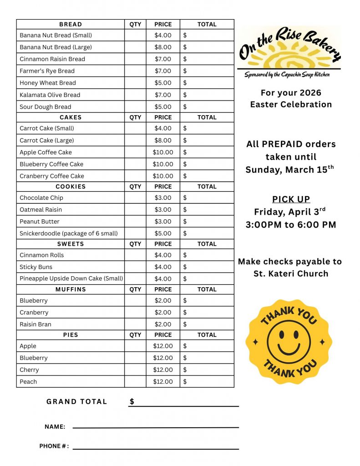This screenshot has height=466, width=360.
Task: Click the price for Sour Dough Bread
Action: [x=163, y=107]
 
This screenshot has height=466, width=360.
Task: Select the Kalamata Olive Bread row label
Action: [x=50, y=95]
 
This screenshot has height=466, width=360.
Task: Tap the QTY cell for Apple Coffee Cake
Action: [x=135, y=152]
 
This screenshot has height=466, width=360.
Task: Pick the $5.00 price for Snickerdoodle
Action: [x=163, y=233]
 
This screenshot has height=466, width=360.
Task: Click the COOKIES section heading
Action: [x=71, y=187]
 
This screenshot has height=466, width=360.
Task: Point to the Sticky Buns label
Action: [x=36, y=267]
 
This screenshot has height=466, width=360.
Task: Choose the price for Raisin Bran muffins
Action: [x=163, y=324]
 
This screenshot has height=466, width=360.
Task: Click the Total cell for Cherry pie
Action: [x=207, y=370]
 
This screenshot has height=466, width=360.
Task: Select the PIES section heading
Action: [x=71, y=335]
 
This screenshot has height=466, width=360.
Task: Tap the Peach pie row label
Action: [x=28, y=382]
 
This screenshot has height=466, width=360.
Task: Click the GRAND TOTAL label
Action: [x=76, y=402]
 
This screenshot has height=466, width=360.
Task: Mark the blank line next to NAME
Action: [x=156, y=426]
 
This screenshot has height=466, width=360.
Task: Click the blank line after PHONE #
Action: [x=156, y=448]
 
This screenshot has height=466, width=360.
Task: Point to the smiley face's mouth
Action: [x=289, y=349]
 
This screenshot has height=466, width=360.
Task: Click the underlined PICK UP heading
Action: [x=291, y=199]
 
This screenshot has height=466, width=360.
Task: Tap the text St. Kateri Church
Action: [x=291, y=274]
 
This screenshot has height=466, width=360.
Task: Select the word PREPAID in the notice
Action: [x=283, y=144]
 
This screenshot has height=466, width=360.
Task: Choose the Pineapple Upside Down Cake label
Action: [x=71, y=279]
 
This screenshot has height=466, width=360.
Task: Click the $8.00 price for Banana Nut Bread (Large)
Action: [x=163, y=47]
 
